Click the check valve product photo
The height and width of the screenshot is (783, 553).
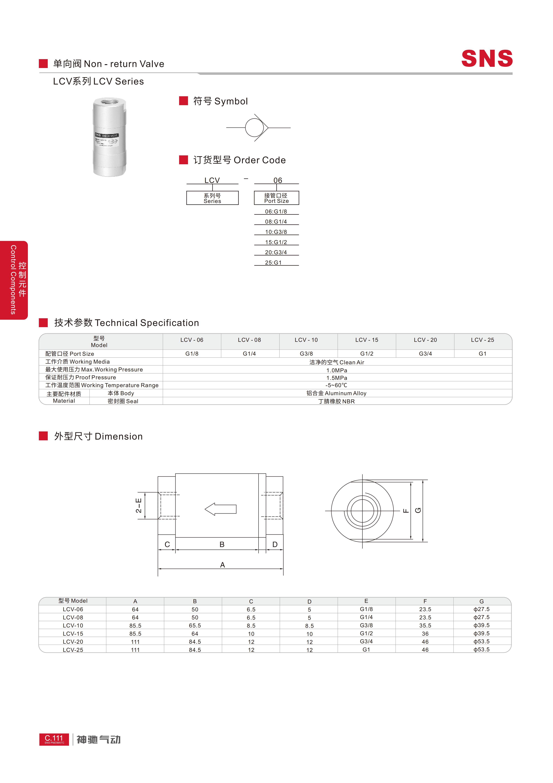[109, 137]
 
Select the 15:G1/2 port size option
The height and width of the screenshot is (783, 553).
[276, 242]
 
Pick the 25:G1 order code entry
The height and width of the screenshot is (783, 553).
[273, 263]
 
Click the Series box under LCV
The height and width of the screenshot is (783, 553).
[212, 198]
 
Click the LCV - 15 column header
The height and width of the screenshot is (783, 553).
[367, 340]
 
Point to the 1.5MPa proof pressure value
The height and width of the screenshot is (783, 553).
[337, 378]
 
